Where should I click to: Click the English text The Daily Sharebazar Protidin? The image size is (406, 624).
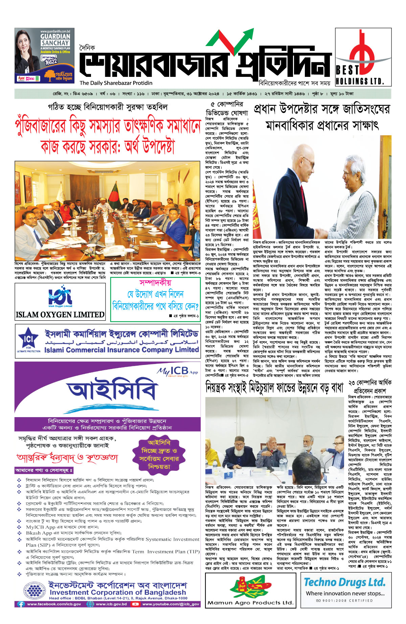pyautogui.click(x=116, y=83)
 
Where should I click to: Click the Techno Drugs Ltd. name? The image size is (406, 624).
pyautogui.click(x=344, y=582)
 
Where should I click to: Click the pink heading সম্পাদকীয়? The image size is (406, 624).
pyautogui.click(x=155, y=283)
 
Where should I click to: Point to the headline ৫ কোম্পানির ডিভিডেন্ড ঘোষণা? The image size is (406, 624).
pyautogui.click(x=227, y=108)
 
